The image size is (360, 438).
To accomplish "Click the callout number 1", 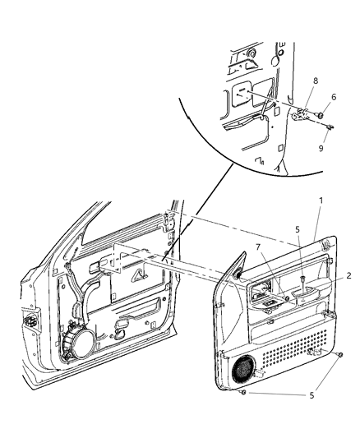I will coord(320,224).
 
